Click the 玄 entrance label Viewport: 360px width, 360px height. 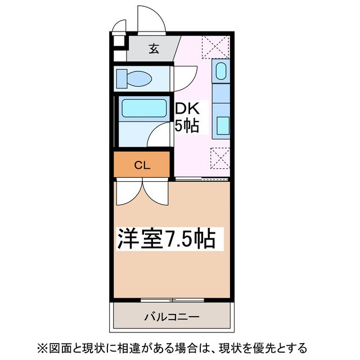[x=154, y=48]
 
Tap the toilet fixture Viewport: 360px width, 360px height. [x=133, y=79]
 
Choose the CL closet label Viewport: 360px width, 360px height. [x=142, y=165]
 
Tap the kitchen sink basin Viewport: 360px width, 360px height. [x=221, y=73]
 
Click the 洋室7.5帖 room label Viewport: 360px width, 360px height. [x=166, y=238]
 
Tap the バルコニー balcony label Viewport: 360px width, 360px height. [x=172, y=317]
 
